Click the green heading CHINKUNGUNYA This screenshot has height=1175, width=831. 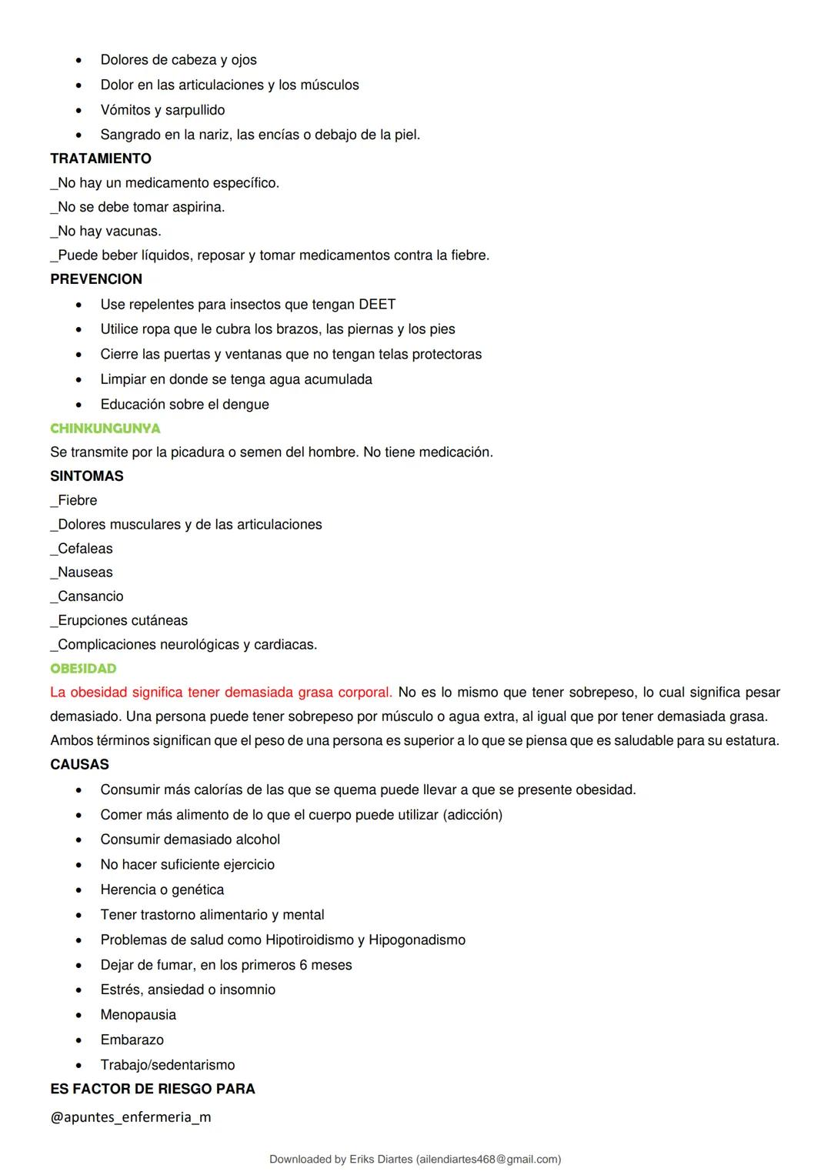[x=105, y=428]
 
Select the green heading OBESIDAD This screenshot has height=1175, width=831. [x=83, y=669]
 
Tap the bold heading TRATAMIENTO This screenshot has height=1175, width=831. [x=101, y=159]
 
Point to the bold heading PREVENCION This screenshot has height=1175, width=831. [x=96, y=279]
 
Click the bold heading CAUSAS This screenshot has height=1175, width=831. [x=79, y=765]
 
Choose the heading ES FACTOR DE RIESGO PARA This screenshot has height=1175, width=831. [x=152, y=1089]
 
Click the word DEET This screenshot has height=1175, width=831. [x=377, y=305]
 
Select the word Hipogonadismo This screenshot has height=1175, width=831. [x=417, y=940]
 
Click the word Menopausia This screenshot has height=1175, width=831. [x=138, y=1015]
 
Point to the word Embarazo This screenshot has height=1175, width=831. [x=132, y=1040]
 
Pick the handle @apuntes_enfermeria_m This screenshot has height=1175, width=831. [x=131, y=1117]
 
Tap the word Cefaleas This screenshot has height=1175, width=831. [x=85, y=549]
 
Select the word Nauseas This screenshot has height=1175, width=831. [x=85, y=572]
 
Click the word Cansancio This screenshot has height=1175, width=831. [x=90, y=596]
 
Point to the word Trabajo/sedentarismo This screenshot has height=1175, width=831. [x=168, y=1065]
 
